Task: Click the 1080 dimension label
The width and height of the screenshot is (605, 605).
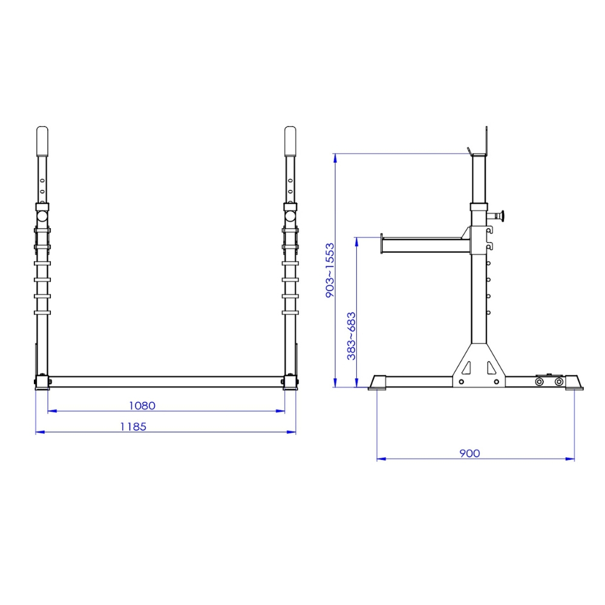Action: click(x=142, y=405)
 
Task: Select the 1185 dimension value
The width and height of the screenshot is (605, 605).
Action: click(x=133, y=427)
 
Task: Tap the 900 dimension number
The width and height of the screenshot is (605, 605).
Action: click(x=469, y=453)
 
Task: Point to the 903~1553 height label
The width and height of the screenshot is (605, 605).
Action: click(x=330, y=270)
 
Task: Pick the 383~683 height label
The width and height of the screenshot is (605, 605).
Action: click(x=351, y=336)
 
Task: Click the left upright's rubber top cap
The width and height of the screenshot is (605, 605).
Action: click(x=42, y=141)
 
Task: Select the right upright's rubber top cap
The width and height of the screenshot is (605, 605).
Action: click(x=290, y=141)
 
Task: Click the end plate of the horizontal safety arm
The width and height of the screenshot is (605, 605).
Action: click(x=381, y=244)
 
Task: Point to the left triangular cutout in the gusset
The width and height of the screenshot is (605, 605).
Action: click(x=467, y=368)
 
